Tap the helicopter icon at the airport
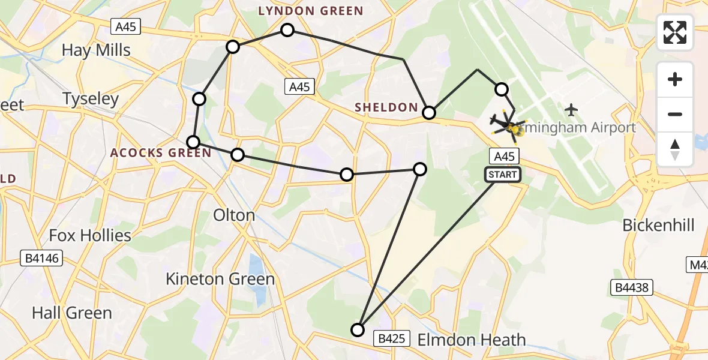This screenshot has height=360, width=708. point(506,124)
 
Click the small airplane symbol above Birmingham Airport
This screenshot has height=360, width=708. point(571,110)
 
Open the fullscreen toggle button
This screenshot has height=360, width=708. point(675,32)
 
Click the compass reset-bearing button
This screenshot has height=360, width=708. point(675,149)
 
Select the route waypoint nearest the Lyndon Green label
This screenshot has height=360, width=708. point(287,30)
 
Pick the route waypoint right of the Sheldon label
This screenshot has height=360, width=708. point(429,112)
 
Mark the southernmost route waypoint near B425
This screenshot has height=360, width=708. point(358,329)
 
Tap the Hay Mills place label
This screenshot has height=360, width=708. point(96,50)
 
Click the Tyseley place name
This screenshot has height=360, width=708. point(91,98)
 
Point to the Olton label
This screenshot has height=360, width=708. point(234,215)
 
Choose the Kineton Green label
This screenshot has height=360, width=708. point(220,278)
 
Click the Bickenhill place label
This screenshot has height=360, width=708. point(658,226)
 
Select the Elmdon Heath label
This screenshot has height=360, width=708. point(471,340)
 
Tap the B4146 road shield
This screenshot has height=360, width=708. point(41,259)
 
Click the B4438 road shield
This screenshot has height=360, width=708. point(631,288)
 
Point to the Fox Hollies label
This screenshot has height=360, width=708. point(90,235)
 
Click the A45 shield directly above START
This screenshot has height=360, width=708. point(503,157)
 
